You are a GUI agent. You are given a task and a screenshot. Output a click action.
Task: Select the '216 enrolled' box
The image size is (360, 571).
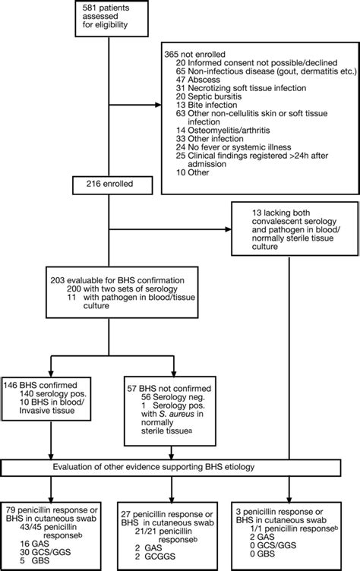[x=109, y=184]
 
